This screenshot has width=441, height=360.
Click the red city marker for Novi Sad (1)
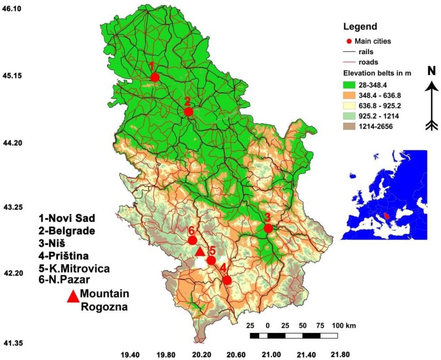point(154,77)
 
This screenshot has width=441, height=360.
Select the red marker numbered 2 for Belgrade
point(188,112)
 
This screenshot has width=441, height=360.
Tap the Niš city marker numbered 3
point(268,228)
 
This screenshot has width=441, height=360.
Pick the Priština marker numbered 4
point(227,280)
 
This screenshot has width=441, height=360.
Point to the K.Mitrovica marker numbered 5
point(211,260)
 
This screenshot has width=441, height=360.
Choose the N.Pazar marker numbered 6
point(193,241)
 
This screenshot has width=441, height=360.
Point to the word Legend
point(359,27)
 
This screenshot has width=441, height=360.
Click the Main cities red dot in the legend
point(349,41)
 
